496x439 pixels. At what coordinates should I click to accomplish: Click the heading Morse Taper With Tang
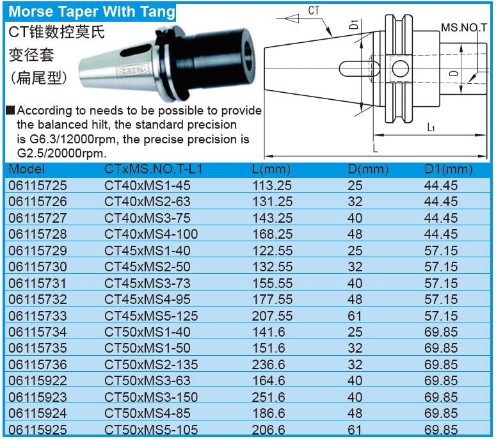[92, 12]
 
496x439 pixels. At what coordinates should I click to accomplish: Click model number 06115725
[38, 186]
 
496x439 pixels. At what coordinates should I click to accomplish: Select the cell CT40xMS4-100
[151, 234]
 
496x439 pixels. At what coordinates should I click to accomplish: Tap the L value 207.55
[272, 315]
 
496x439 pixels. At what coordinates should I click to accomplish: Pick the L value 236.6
[268, 364]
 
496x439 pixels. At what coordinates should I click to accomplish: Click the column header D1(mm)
[448, 170]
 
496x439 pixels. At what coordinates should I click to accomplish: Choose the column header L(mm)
[271, 170]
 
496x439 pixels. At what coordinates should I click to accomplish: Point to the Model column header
[27, 169]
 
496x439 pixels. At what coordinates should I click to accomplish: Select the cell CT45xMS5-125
[151, 315]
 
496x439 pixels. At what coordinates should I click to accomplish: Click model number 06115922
[38, 381]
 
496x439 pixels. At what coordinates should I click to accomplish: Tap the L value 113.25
[272, 186]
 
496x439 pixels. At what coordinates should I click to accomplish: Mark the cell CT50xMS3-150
[151, 397]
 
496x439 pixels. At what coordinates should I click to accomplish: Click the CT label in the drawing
[314, 10]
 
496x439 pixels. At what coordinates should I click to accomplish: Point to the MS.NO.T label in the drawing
[464, 28]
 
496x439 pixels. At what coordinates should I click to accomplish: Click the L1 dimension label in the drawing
[431, 127]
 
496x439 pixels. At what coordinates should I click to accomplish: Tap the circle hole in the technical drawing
[400, 68]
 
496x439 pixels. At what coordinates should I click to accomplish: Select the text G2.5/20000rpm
[61, 154]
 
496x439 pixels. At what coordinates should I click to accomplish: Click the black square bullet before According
[10, 110]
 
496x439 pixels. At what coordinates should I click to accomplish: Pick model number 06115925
[38, 429]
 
